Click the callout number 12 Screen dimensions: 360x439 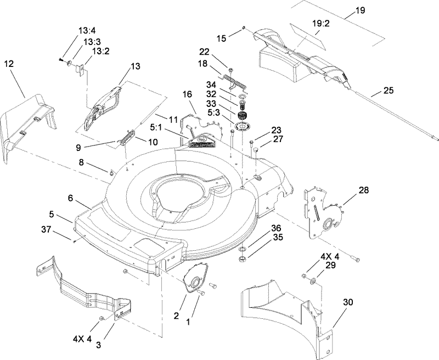click(9, 64)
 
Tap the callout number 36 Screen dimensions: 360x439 click(276, 228)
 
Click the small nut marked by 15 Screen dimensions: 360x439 click(243, 27)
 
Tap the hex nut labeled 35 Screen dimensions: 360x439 click(241, 257)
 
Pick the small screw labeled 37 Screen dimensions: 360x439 click(73, 239)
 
